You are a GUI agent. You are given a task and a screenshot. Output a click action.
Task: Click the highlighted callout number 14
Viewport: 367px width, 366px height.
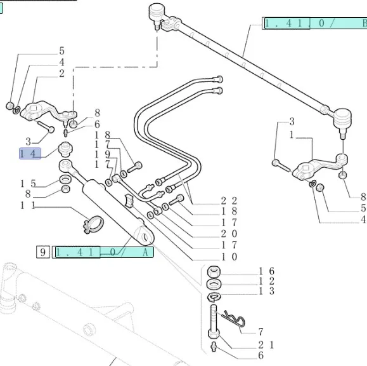coord(30,153)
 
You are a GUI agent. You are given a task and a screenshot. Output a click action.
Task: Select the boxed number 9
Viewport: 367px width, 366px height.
coord(43,252)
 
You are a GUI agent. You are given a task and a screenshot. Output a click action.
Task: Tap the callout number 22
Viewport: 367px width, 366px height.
coord(229,201)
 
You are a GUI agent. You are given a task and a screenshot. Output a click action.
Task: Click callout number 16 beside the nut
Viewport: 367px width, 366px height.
coord(266,271)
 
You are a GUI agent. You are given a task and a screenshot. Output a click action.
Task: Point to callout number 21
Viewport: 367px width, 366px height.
coord(266,345)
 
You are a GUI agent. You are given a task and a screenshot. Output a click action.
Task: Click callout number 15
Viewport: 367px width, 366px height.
coord(28,184)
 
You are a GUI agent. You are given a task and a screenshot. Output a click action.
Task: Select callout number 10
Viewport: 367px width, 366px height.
coord(229,257)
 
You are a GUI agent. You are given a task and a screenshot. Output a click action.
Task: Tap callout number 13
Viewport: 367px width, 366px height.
coord(266,291)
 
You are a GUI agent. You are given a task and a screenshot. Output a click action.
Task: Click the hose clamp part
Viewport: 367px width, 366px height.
coord(94,224)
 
